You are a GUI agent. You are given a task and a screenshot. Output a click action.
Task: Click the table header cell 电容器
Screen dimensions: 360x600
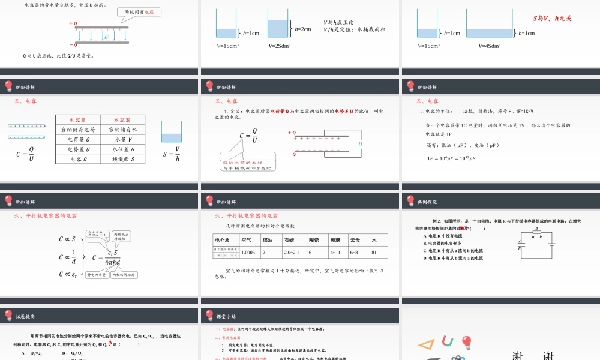tap(77, 120)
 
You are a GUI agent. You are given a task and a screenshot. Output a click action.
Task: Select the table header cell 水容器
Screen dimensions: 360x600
tap(123, 120)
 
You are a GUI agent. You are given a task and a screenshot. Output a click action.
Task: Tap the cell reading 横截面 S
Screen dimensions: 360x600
tap(123, 159)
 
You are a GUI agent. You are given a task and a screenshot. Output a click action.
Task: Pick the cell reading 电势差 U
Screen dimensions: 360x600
tap(77, 149)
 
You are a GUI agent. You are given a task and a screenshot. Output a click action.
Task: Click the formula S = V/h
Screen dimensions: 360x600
tap(172, 154)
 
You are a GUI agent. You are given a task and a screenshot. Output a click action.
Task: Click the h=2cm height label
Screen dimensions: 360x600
tap(303, 29)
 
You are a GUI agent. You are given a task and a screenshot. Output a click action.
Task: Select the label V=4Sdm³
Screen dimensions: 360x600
tap(490, 46)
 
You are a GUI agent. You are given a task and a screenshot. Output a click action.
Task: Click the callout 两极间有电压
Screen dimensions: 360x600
tap(139, 11)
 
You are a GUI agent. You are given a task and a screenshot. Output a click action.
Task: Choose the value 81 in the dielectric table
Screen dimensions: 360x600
tap(375, 253)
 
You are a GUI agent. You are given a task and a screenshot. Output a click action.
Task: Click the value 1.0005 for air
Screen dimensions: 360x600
tap(248, 253)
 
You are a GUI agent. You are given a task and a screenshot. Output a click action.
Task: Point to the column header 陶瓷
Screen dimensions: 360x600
tap(313, 240)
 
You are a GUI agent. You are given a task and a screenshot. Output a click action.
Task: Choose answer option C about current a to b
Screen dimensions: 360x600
tap(453, 250)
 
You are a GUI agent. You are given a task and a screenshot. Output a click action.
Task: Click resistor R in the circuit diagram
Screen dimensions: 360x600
tap(537, 232)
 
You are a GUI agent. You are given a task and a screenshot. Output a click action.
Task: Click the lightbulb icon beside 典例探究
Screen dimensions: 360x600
tap(411, 201)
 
